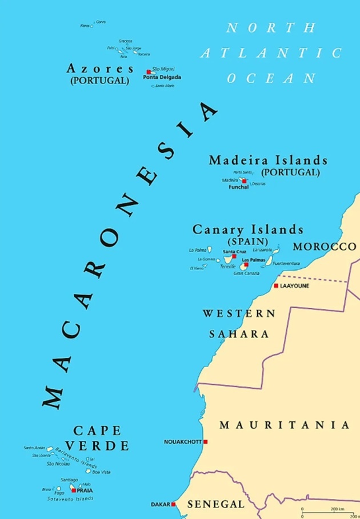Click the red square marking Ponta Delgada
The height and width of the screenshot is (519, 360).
coord(149,72)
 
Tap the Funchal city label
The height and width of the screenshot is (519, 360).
coord(238,187)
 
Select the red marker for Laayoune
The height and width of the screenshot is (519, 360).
coord(276,285)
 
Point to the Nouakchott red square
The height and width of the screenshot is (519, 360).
coord(205,441)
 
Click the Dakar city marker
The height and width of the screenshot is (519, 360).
coord(174,504)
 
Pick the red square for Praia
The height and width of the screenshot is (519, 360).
coord(73,490)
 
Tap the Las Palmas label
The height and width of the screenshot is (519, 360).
coord(254,260)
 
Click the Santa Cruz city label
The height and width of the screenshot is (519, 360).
coord(234,251)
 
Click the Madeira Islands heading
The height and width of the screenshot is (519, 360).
coord(268,160)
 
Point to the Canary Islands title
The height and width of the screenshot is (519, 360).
coord(248,230)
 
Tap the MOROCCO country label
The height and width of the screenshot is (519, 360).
coord(324,247)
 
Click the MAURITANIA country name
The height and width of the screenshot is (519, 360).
coord(284,425)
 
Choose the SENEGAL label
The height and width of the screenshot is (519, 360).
coord(216,504)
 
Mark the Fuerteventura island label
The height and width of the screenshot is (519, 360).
coord(286,264)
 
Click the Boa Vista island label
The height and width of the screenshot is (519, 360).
coord(101,472)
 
